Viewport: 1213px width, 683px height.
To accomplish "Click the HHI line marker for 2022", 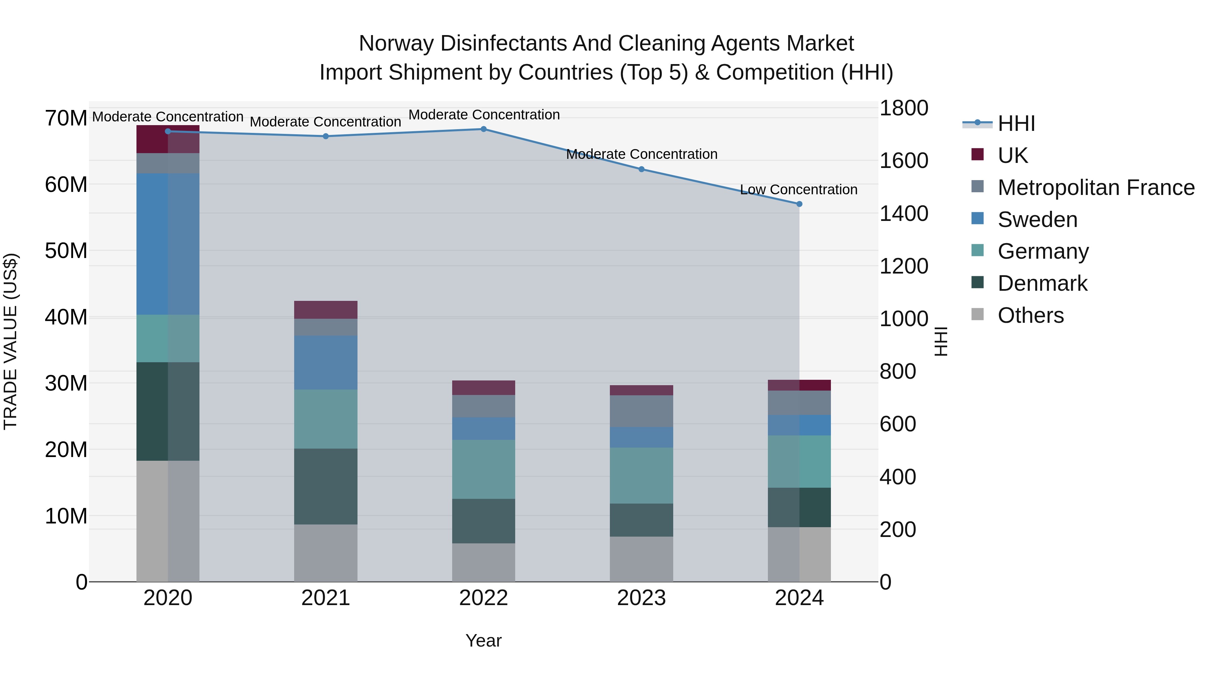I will click(x=483, y=129).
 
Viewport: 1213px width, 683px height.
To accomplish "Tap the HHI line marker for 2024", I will click(x=799, y=204).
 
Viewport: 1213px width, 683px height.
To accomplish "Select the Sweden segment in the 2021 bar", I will click(x=325, y=363).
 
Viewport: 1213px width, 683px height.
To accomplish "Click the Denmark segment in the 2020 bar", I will click(x=168, y=411).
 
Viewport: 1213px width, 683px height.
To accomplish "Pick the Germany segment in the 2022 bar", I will click(x=483, y=469).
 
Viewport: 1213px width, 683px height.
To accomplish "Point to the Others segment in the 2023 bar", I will click(x=641, y=559).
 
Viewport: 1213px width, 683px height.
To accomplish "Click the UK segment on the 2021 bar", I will click(x=325, y=310).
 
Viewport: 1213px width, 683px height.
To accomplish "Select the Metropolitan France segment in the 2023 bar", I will click(x=641, y=411).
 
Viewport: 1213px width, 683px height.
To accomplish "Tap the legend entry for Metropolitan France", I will click(x=1096, y=188).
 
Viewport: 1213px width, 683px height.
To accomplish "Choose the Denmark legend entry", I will click(x=1042, y=283).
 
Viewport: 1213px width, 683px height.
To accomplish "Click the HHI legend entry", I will click(x=1016, y=123).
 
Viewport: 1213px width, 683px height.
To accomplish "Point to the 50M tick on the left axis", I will click(x=66, y=251).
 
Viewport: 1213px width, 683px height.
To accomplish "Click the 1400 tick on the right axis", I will click(x=904, y=214).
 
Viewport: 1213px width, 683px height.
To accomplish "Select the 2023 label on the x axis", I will click(x=641, y=598).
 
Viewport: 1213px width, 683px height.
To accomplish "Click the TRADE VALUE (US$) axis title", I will click(x=10, y=341).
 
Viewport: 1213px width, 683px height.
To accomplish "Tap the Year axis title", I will click(x=483, y=641).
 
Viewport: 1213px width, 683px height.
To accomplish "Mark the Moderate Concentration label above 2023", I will click(x=641, y=154).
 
